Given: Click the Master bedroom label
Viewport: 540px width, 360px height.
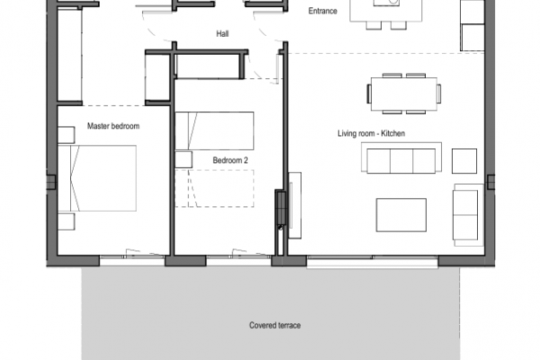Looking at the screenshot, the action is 113,126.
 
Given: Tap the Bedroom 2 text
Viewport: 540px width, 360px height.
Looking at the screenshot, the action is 230,160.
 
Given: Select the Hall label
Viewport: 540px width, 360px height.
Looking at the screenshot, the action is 222,34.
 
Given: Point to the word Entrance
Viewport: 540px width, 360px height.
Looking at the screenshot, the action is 323,11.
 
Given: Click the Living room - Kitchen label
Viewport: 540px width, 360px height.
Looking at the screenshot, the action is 371,133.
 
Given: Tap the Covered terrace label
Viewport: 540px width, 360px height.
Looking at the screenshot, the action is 274,325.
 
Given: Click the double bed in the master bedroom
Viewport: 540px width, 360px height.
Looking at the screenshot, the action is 97,178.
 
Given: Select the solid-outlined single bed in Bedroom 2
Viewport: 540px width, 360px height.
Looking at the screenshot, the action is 214,130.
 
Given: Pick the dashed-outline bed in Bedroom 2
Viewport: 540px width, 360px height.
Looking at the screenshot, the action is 214,188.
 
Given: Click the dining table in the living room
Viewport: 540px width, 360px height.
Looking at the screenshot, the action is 404,94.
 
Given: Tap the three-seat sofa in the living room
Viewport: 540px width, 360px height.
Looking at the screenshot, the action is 401,157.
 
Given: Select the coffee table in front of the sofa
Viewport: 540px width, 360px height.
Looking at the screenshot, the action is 401,215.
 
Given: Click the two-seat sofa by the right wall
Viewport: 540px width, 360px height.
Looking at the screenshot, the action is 468,215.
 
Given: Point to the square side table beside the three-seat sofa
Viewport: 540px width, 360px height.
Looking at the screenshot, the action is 464,161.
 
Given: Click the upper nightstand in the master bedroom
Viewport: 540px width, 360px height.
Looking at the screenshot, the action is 66,135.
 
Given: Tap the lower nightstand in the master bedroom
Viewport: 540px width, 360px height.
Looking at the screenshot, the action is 66,221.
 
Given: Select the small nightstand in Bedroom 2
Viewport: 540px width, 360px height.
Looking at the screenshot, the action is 184,159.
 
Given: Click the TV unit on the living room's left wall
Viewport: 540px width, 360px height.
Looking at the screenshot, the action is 295,205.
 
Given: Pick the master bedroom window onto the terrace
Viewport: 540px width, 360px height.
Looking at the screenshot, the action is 132,256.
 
